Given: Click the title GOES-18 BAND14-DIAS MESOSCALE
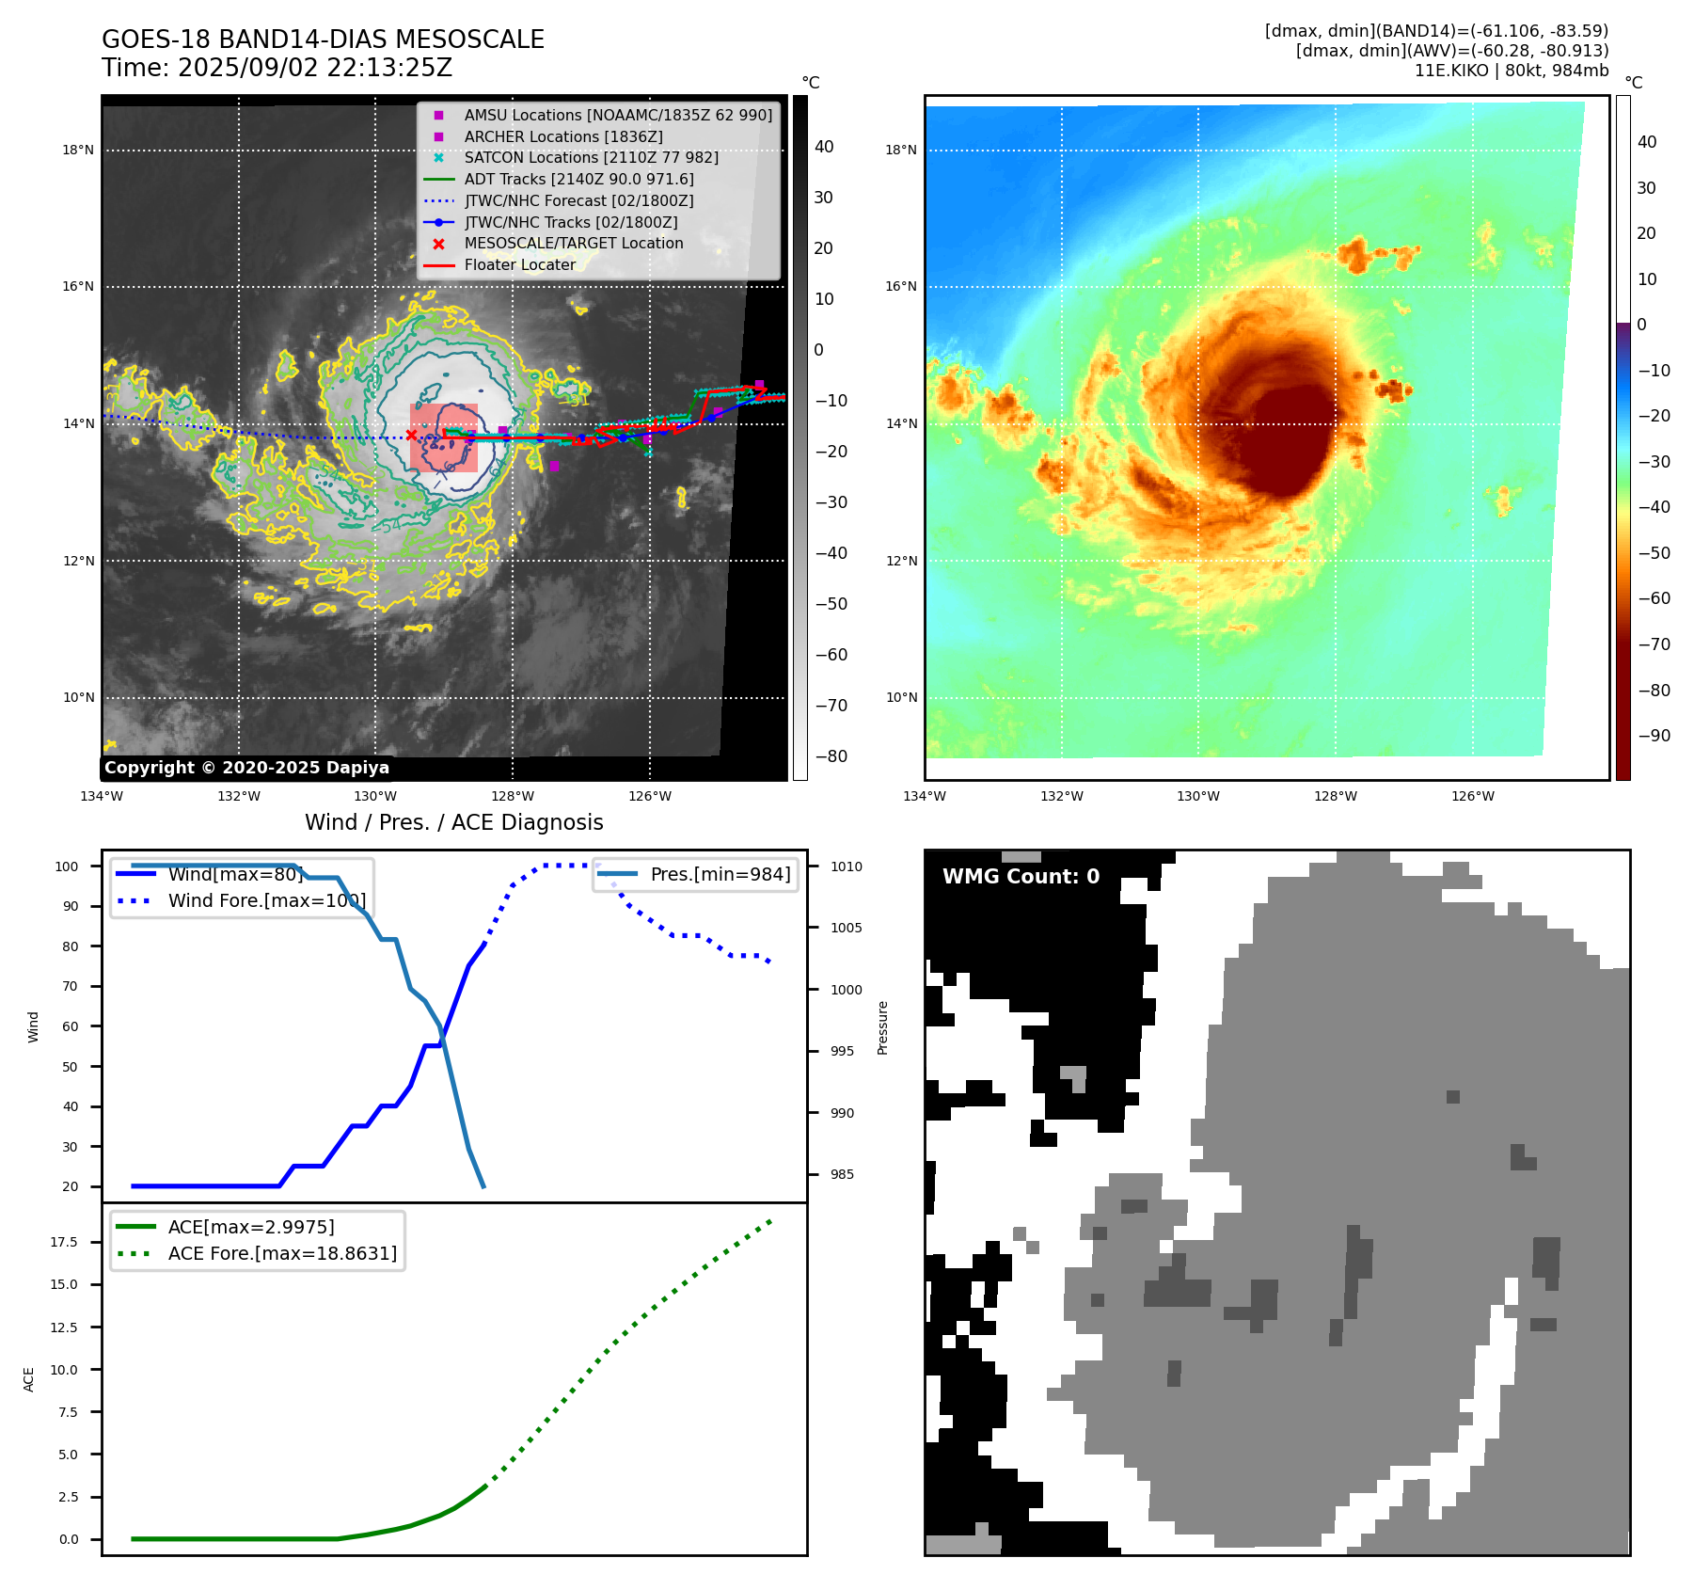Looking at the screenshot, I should [x=323, y=40].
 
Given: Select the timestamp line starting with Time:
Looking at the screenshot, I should [x=277, y=68].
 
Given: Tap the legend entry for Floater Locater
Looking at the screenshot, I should [x=519, y=265].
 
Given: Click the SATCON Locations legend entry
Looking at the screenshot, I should [x=591, y=158].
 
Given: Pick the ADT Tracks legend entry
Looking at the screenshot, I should [x=578, y=180].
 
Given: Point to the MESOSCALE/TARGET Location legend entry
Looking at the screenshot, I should [x=573, y=244].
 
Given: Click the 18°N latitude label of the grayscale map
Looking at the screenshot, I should [x=78, y=151].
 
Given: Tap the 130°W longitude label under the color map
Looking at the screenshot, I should [x=1197, y=797].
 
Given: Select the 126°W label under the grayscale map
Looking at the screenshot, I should [x=650, y=797].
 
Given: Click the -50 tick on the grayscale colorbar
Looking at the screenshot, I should [x=831, y=604].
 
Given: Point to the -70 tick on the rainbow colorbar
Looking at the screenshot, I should [x=1654, y=644].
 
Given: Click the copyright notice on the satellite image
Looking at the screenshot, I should [x=246, y=768].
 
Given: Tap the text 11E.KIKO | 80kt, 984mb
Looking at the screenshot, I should [x=1511, y=71].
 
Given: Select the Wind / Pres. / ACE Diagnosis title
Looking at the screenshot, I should [x=453, y=822].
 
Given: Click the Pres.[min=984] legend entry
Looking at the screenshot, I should [x=720, y=875].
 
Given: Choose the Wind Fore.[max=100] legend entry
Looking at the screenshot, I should [x=266, y=901].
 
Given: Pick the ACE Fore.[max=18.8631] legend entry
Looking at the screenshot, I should [x=282, y=1254].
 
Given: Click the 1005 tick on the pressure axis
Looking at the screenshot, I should [x=846, y=928].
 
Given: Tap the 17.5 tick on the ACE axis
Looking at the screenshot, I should [x=64, y=1243].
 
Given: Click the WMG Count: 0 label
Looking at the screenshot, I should [x=1021, y=877].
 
